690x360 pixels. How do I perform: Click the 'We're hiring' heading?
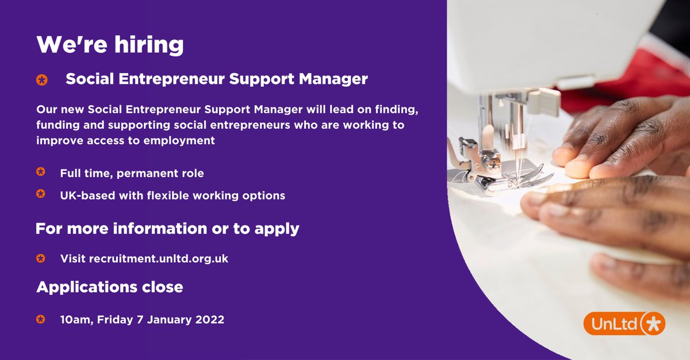tap(110, 45)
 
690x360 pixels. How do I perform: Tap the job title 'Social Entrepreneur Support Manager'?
tap(216, 79)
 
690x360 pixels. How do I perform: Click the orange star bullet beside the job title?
tap(41, 80)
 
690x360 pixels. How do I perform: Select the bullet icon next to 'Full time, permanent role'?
tap(41, 172)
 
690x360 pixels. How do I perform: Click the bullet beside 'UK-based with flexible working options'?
tap(41, 194)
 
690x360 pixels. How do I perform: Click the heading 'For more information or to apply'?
tap(167, 228)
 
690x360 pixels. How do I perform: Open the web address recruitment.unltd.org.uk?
tap(158, 259)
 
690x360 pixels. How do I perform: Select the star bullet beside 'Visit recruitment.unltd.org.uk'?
tap(41, 258)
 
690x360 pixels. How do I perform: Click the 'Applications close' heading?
tap(110, 286)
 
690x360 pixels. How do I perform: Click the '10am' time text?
tap(74, 319)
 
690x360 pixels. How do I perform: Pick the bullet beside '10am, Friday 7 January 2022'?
tap(41, 319)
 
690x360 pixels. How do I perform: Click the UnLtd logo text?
tap(614, 324)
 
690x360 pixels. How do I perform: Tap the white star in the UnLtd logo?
tap(652, 323)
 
